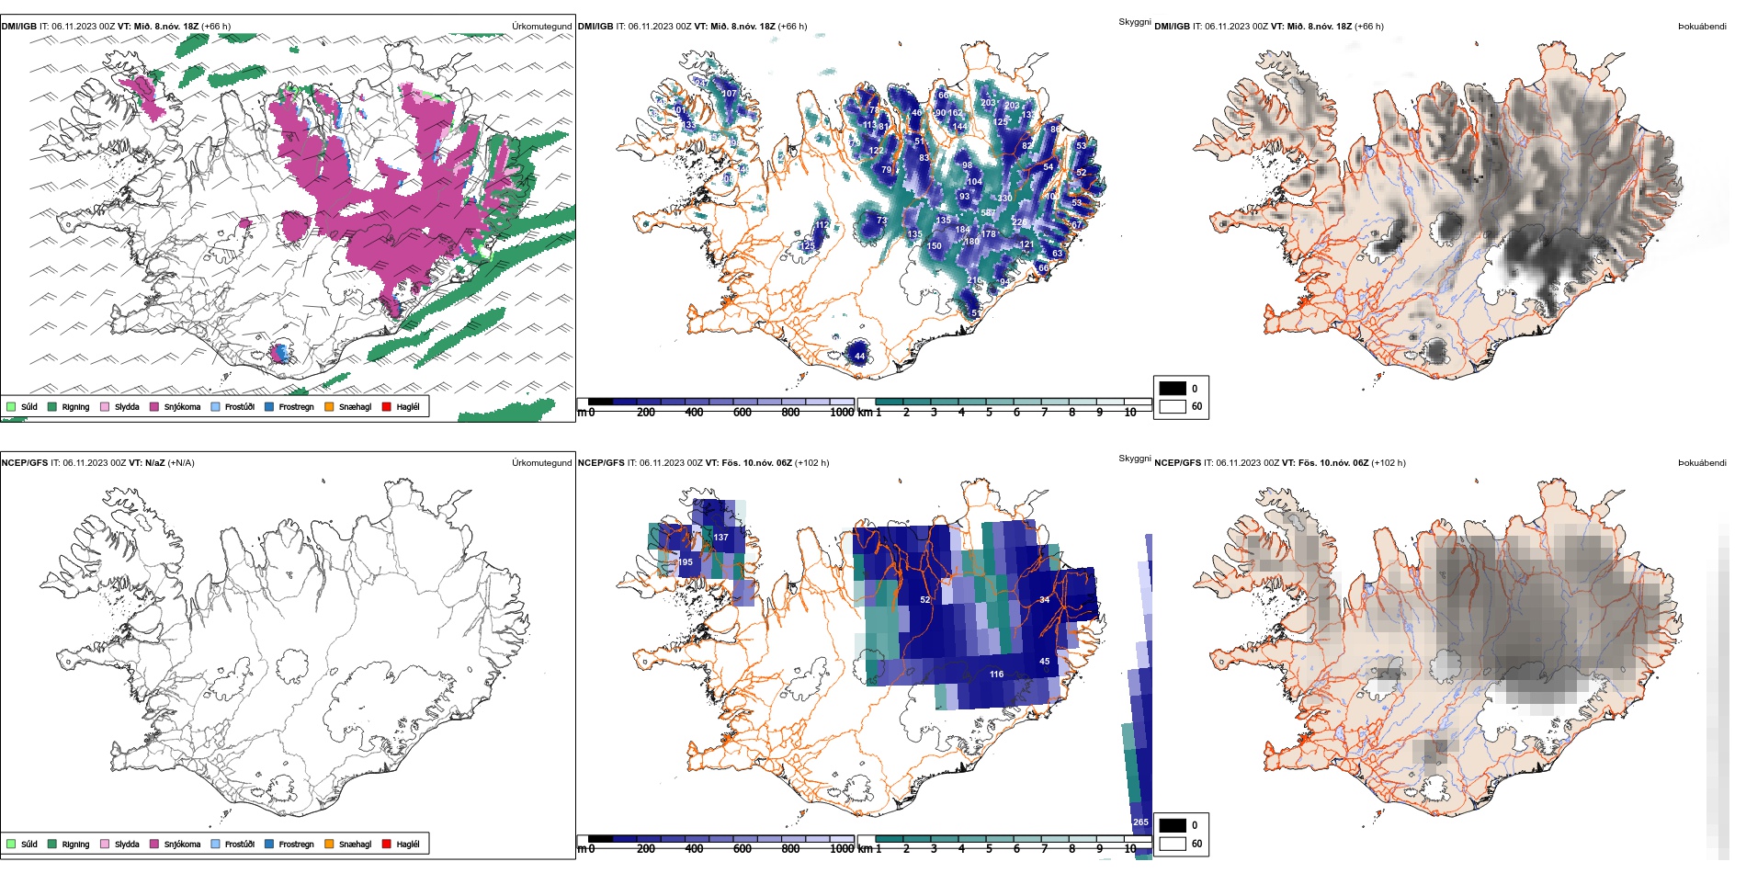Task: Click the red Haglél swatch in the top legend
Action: coord(387,406)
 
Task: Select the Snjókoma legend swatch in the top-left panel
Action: coord(154,406)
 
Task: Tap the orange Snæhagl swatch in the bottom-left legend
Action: coord(329,844)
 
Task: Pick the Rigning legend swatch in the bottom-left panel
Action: coord(52,844)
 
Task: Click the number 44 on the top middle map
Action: coord(859,356)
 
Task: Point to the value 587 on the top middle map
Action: coord(988,213)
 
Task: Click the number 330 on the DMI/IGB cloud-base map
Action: coord(1004,198)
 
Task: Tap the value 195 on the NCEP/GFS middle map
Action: coord(685,562)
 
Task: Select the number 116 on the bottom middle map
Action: coord(996,675)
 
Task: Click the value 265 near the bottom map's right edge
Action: coord(1140,822)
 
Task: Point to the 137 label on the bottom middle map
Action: coord(720,538)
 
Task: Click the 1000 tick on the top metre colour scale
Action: coord(842,413)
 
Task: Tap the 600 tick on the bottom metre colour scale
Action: coord(743,849)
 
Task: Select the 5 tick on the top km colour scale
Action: coord(989,413)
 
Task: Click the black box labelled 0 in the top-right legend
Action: coord(1173,388)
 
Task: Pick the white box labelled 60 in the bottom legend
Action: coord(1173,843)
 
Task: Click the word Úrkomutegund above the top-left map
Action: coord(541,27)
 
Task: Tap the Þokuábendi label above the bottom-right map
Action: coord(1702,463)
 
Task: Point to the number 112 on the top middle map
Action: coord(822,225)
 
